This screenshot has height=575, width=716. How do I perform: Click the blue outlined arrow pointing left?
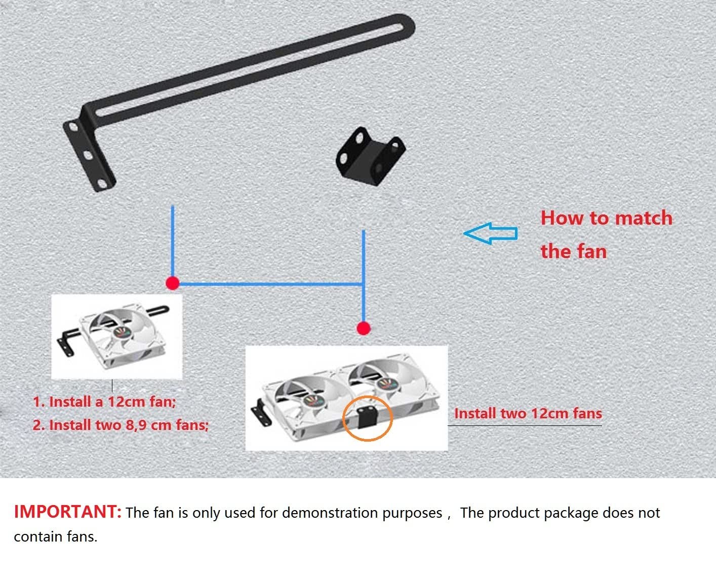(490, 234)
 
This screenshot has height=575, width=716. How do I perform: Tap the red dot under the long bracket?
(172, 283)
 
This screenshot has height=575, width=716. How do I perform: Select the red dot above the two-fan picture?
(364, 329)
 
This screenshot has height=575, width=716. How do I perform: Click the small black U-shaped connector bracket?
(370, 156)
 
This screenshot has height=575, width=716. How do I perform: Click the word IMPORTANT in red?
(67, 512)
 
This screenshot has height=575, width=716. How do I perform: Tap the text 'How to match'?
(606, 218)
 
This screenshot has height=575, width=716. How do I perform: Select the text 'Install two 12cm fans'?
(528, 413)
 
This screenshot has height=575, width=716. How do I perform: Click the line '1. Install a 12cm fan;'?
(104, 402)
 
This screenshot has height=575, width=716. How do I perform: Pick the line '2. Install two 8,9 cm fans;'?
(121, 425)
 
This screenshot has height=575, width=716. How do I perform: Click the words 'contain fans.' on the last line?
(56, 536)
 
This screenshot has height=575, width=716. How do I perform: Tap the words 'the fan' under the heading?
(574, 251)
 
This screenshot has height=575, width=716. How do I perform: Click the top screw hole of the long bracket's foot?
(73, 127)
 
